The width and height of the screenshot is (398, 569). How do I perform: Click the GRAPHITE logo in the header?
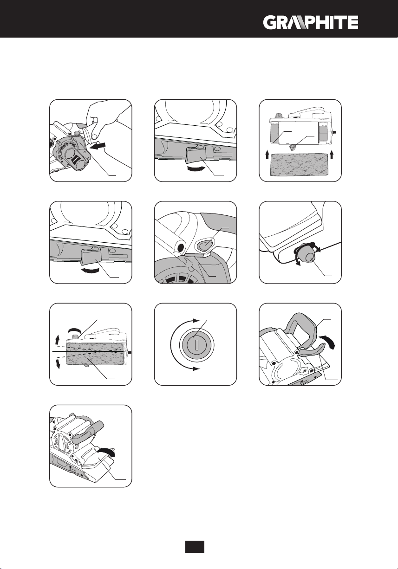(311, 22)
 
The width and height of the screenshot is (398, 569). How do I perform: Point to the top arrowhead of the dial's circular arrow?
(200, 319)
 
